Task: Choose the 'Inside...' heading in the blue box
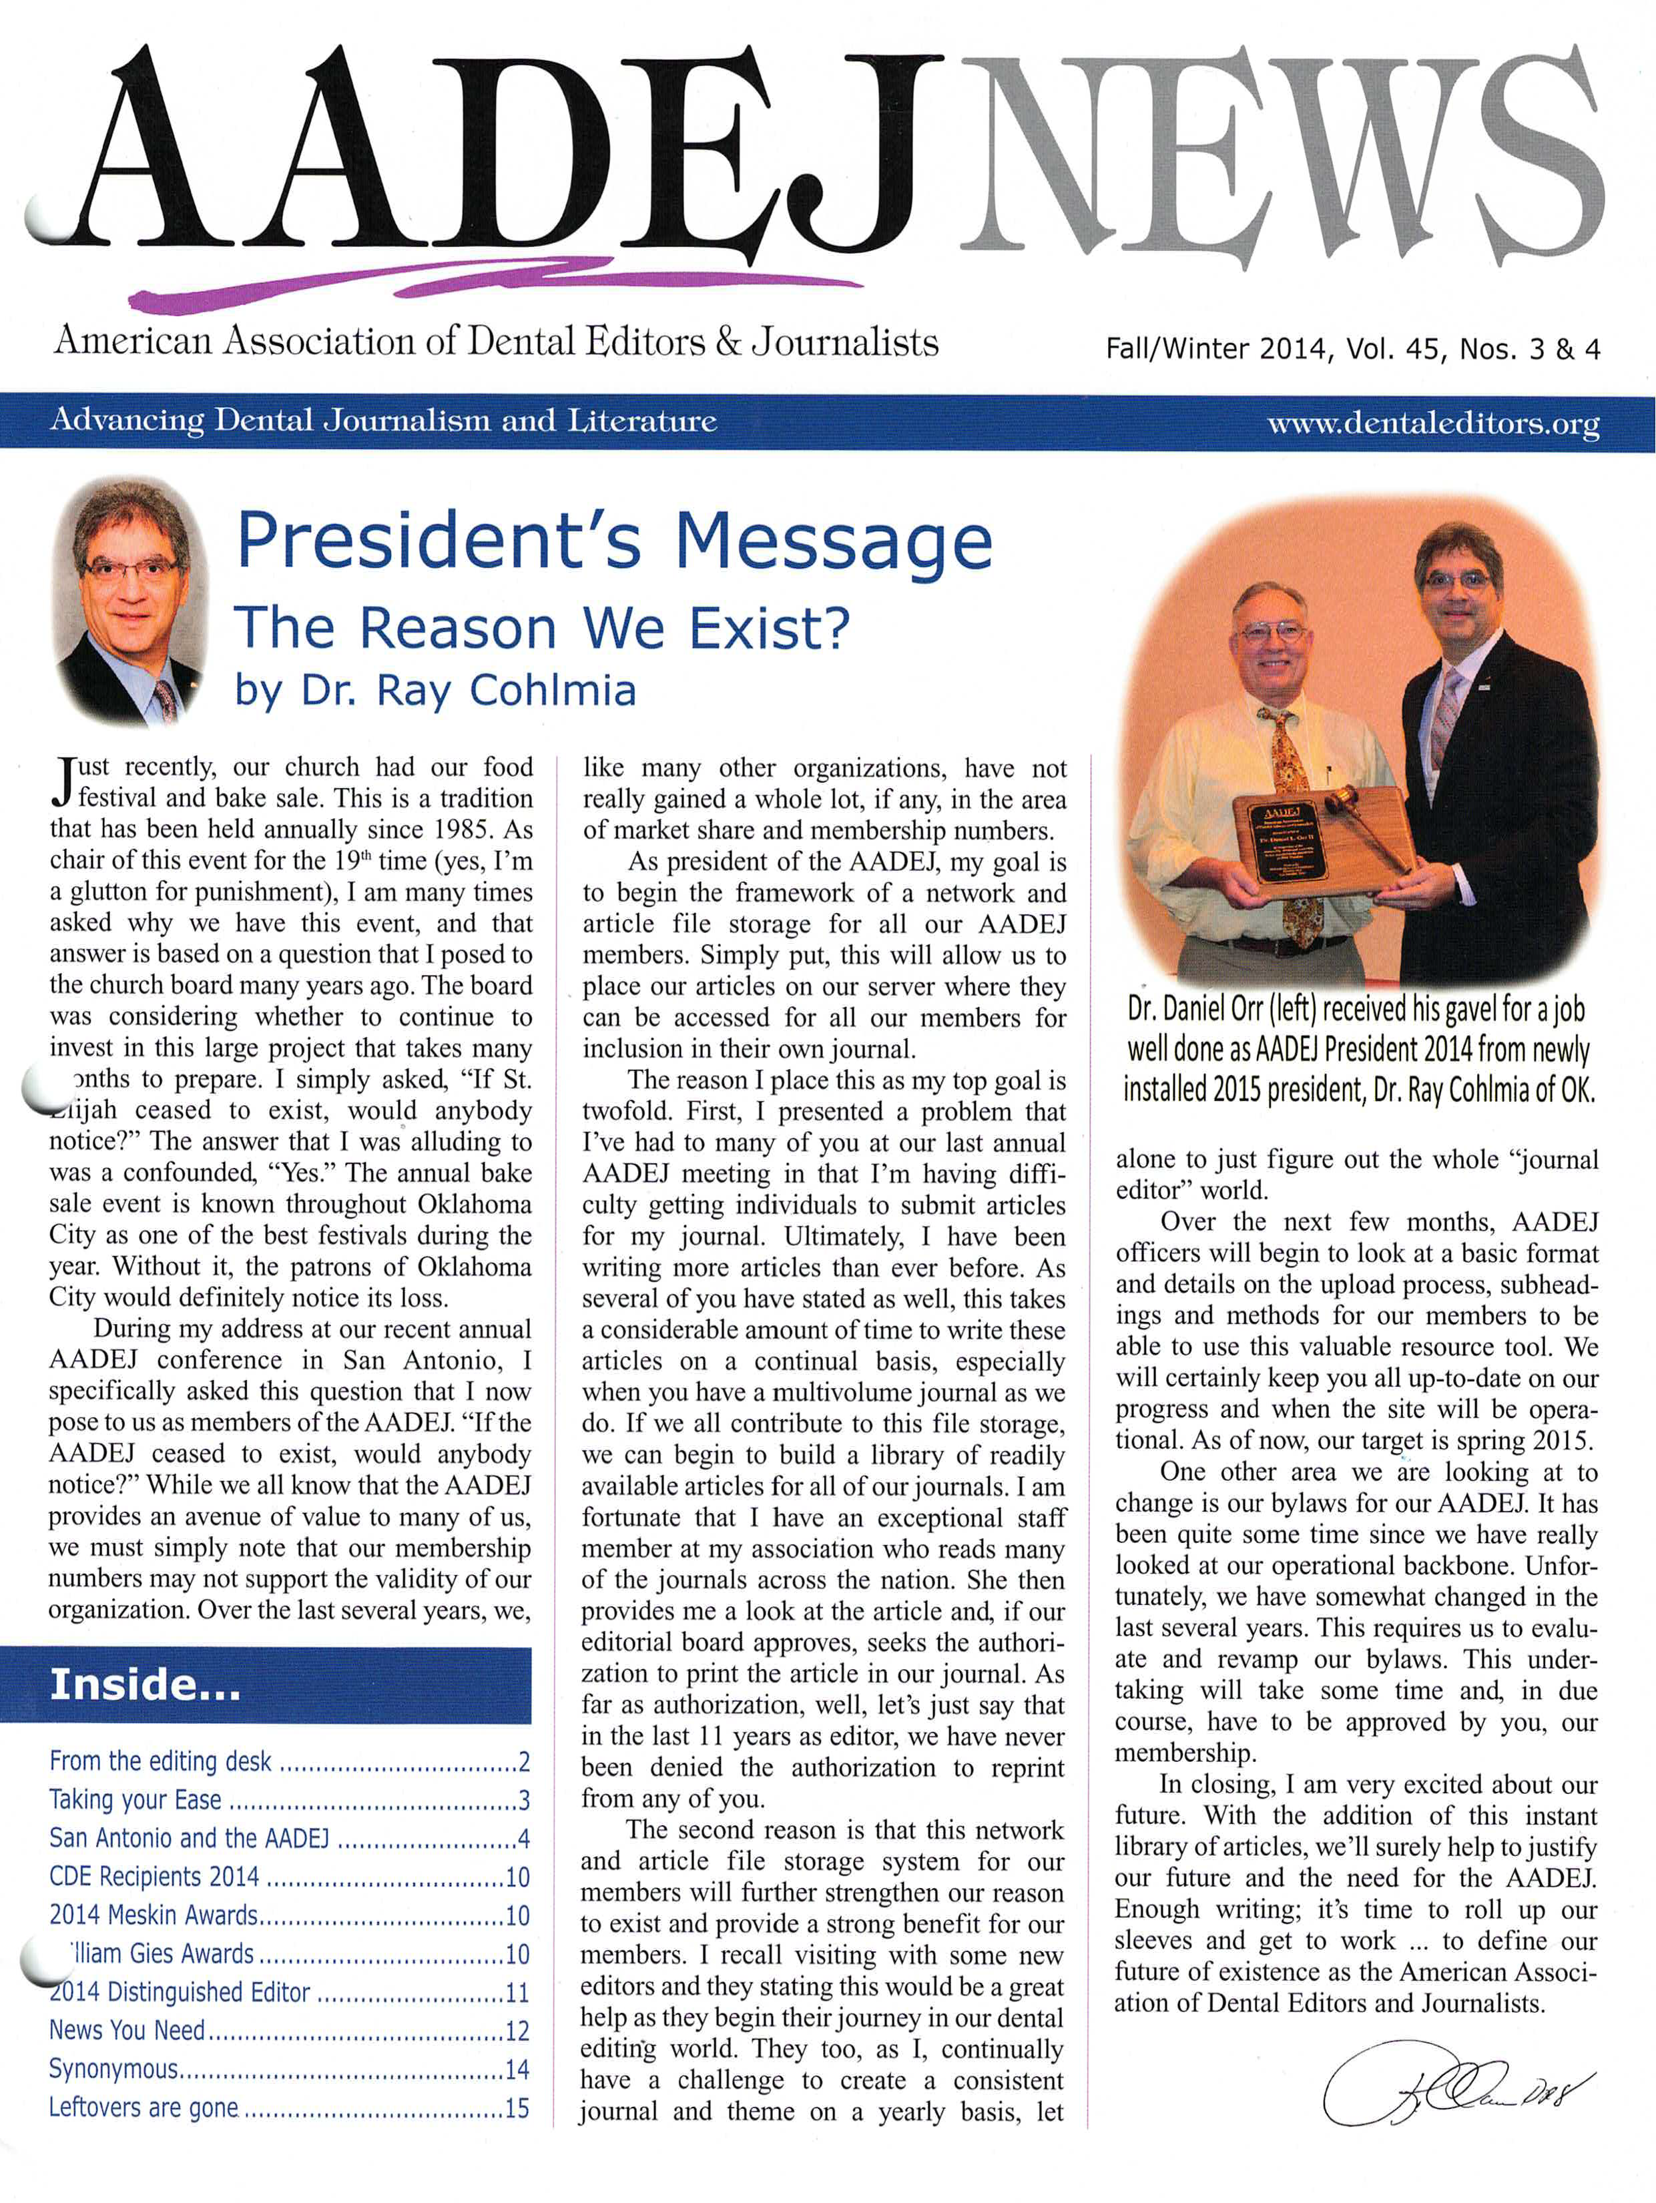(146, 1684)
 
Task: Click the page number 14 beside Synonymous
(517, 2069)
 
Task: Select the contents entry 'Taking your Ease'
(135, 1800)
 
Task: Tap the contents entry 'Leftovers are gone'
(144, 2108)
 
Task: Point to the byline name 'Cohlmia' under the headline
(552, 690)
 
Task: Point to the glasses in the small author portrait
(131, 570)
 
